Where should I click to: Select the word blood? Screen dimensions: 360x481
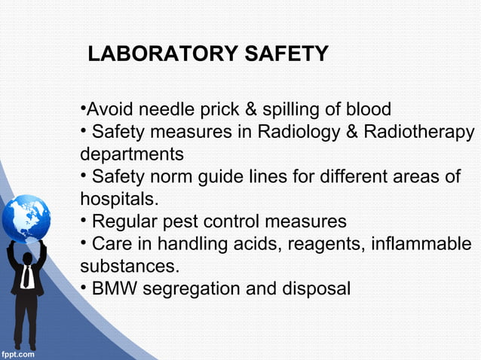point(367,111)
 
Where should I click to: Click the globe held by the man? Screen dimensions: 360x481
point(26,218)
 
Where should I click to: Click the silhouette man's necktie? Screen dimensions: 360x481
point(27,277)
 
